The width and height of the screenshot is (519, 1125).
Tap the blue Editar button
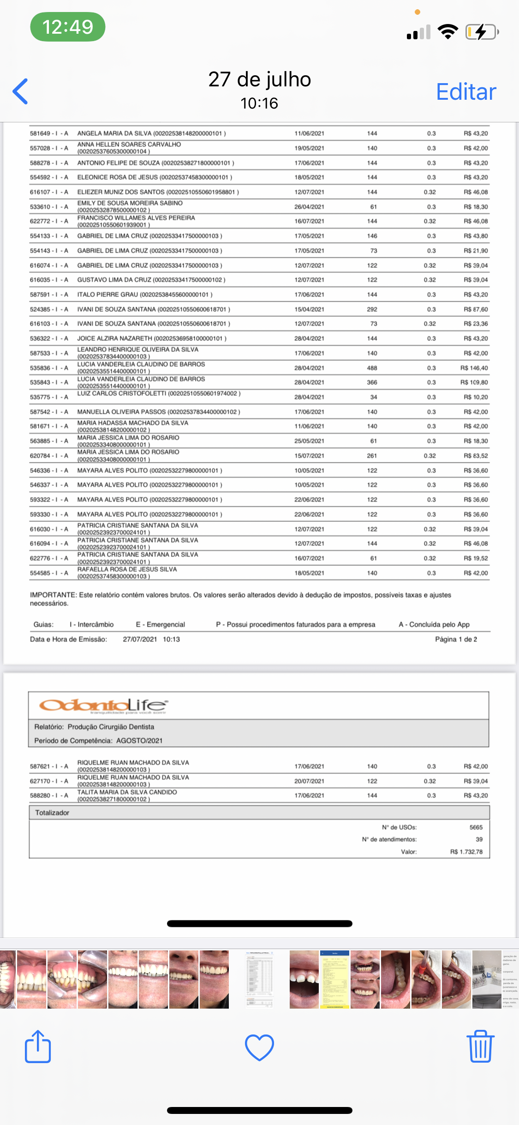click(466, 91)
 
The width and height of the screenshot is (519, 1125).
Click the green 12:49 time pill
click(68, 27)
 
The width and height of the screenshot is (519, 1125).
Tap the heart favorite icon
click(259, 1047)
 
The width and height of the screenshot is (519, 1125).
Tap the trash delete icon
click(480, 1046)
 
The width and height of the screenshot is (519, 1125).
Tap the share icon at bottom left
click(38, 1046)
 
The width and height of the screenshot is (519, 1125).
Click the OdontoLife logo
click(104, 706)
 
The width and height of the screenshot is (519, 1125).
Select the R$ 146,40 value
click(474, 368)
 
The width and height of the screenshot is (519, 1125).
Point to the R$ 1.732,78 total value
click(466, 852)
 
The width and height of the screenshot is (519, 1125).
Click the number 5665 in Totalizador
click(476, 827)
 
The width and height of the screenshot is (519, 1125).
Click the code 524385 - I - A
click(49, 309)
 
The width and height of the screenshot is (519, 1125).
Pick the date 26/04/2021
click(309, 207)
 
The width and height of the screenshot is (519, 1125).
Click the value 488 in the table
click(372, 368)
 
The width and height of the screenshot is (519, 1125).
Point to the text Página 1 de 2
click(456, 639)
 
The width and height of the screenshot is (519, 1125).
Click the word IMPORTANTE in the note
click(53, 595)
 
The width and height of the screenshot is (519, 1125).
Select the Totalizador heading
click(52, 813)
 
